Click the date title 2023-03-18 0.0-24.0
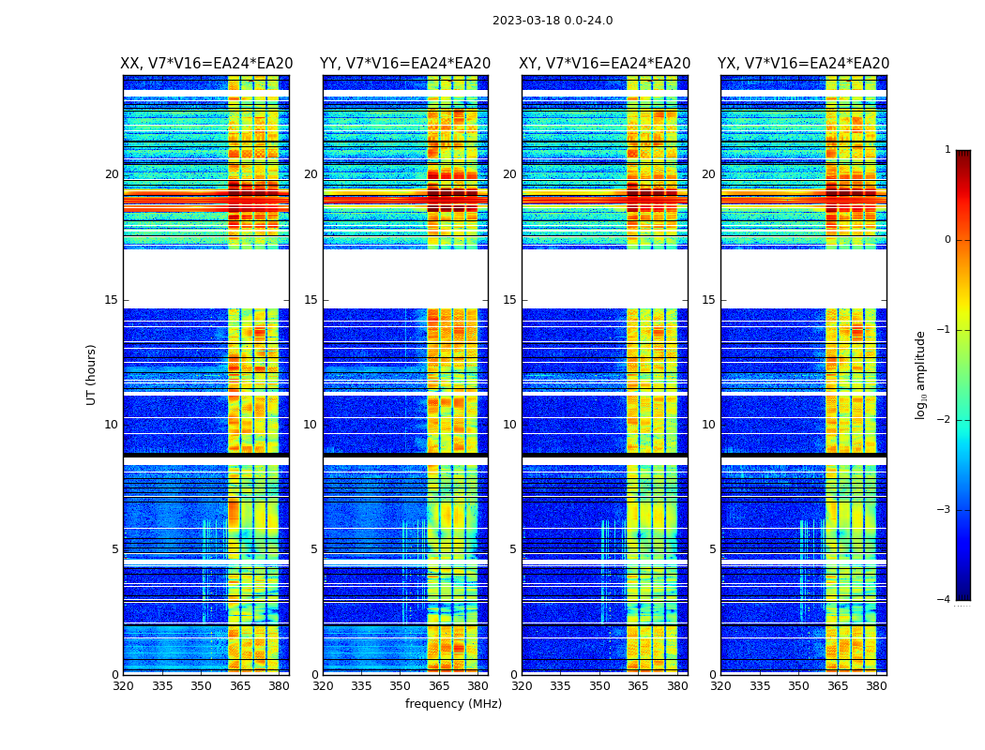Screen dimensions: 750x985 553,21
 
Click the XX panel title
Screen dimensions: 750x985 206,64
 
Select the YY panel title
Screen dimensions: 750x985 405,64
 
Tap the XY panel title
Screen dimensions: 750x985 605,64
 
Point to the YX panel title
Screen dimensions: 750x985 804,64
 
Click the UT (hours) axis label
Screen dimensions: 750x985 92,374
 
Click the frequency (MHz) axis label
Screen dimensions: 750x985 453,704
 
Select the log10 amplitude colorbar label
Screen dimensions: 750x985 921,374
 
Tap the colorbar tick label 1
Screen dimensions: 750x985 947,150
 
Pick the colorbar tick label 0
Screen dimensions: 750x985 947,240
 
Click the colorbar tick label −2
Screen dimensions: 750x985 945,420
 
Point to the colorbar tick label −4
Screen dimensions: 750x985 945,600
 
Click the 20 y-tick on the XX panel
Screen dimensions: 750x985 112,174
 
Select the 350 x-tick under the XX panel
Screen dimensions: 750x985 202,686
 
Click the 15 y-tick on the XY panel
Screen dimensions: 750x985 509,300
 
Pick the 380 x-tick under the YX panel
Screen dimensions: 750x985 876,686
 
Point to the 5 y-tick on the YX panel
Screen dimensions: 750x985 712,549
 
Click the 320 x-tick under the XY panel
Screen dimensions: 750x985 523,686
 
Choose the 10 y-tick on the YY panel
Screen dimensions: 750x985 311,425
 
